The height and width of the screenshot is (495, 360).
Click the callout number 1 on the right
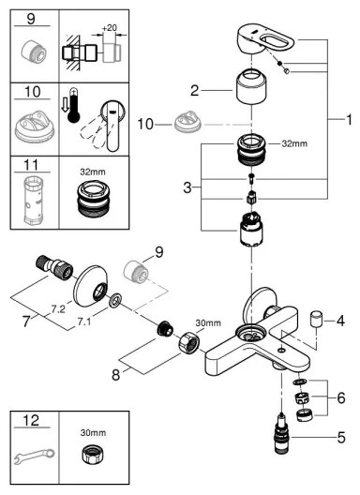point(348,120)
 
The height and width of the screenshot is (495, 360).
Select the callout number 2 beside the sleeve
point(194,91)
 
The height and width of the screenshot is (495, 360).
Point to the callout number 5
point(341,437)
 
